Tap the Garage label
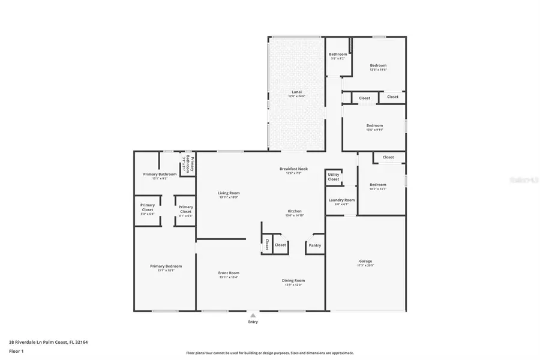(x=365, y=261)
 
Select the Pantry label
(x=315, y=245)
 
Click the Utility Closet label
(x=334, y=177)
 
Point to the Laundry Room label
(x=341, y=200)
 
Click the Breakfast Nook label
(x=293, y=169)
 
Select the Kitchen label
(x=295, y=211)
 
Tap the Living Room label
(x=229, y=193)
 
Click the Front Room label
(x=229, y=273)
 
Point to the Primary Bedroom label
(x=166, y=266)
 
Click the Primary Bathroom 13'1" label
(x=160, y=175)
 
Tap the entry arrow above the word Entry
(x=253, y=314)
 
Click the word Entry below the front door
(x=253, y=322)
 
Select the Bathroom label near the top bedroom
(x=338, y=55)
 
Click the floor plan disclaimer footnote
(x=269, y=353)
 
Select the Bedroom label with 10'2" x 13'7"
(x=378, y=185)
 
